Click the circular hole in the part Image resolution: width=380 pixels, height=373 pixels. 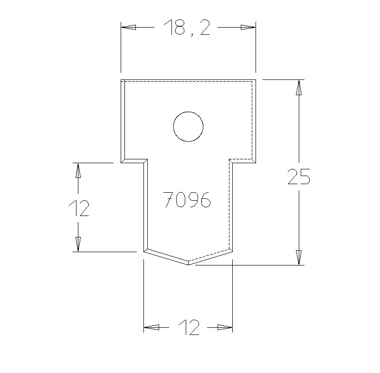click(188, 127)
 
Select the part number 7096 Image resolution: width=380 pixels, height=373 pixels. click(187, 200)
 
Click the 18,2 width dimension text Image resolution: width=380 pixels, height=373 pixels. click(187, 28)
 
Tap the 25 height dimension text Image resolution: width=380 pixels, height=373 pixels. click(299, 177)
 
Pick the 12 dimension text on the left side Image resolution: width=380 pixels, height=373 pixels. click(79, 208)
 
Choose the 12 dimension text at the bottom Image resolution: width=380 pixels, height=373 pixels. click(189, 327)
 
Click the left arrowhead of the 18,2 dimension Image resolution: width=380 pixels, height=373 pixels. click(128, 27)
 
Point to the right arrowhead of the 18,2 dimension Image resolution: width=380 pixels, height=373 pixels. click(248, 27)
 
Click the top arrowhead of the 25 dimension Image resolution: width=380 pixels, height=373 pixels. click(298, 88)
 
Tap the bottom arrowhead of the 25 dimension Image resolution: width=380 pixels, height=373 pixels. click(298, 257)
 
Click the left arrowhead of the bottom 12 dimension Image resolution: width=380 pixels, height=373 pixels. click(151, 327)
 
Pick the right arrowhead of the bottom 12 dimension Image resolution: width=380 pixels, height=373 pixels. click(225, 327)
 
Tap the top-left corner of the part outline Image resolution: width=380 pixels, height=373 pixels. click(121, 80)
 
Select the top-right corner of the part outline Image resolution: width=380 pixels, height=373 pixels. click(256, 80)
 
